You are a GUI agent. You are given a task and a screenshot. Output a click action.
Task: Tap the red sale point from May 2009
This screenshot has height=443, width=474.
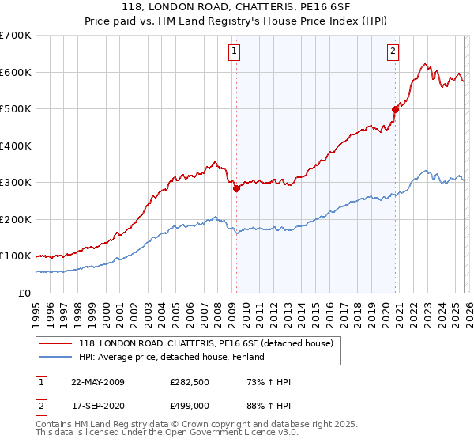236,189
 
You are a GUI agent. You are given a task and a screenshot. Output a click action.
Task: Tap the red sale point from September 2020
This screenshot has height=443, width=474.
396,110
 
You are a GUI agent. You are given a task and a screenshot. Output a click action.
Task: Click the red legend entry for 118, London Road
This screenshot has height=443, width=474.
209,343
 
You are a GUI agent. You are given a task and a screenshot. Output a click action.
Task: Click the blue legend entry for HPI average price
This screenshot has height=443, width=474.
175,358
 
